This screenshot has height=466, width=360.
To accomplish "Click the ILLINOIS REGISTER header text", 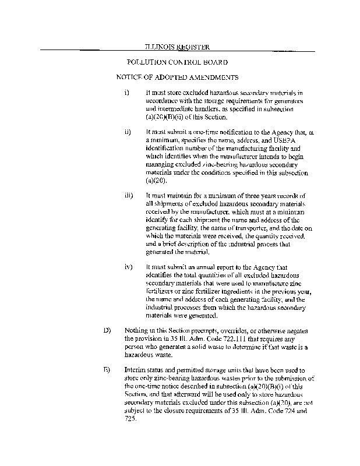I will click(177, 47).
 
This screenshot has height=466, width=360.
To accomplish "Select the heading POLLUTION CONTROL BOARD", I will click(177, 62).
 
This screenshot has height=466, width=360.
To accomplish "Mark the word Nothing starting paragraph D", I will click(137, 330).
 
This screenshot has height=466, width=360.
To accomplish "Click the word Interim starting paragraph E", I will click(136, 370).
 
